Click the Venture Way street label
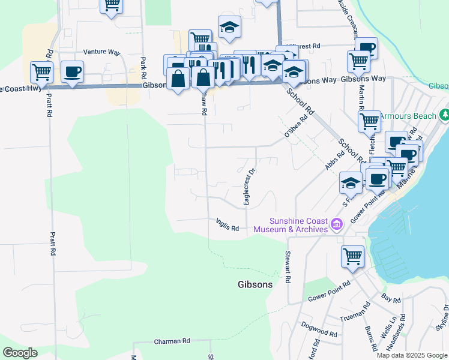103,52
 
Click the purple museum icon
337,225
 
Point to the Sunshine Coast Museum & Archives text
291,225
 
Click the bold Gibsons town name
255,284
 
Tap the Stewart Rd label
288,267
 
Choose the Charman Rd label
172,341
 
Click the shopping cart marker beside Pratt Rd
41,71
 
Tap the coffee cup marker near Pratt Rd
73,71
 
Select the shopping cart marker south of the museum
353,256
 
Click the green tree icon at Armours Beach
444,115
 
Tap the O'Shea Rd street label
295,125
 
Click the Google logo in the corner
20,353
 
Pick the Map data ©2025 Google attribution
412,355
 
